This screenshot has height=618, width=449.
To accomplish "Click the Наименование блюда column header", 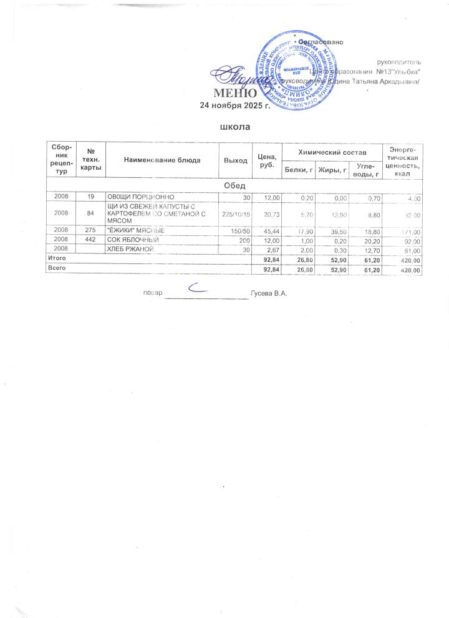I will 162,160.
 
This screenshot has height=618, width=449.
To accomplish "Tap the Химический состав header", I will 332,152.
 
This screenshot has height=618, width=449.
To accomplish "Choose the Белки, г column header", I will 299,168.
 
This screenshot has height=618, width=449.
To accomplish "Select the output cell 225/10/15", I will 236,214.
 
